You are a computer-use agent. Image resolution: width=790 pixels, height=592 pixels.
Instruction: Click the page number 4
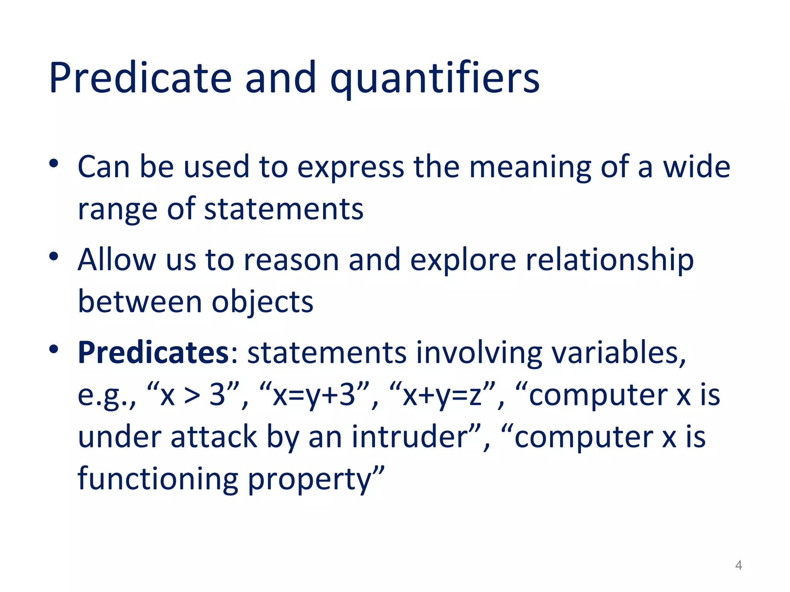point(738,565)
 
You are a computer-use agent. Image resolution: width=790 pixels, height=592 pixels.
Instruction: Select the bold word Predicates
point(154,352)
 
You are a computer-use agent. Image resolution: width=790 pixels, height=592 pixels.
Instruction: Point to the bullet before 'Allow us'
point(54,256)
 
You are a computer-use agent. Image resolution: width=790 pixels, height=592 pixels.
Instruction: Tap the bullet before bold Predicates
point(54,349)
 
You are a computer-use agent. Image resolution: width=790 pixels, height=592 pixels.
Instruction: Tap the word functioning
point(157,479)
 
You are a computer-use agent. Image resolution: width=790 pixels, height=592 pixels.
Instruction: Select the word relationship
point(609,260)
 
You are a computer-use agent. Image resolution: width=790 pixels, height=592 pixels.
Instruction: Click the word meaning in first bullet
point(530,167)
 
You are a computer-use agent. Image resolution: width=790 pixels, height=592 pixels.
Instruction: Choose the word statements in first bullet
point(284,209)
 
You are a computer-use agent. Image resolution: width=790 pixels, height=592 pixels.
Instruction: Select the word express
point(350,168)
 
